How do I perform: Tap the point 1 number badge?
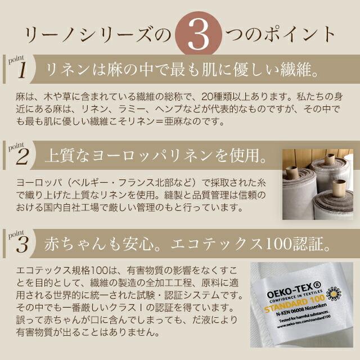tap(21, 70)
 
